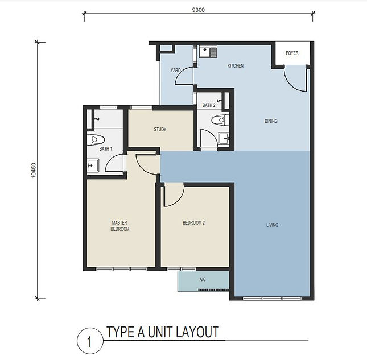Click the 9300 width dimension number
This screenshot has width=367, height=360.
[198, 10]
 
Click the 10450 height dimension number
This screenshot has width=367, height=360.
[34, 170]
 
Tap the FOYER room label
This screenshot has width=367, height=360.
[292, 53]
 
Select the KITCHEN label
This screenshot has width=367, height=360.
[236, 66]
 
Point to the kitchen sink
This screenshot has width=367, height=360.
[208, 51]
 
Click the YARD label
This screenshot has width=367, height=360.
[175, 70]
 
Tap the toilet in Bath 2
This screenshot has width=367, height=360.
[220, 120]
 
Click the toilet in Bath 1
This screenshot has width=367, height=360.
[96, 140]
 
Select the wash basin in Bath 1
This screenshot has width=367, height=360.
[93, 166]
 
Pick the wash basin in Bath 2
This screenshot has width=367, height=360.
[224, 139]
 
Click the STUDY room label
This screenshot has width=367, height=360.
[160, 129]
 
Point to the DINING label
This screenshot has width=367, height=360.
[271, 121]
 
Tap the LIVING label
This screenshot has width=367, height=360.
[272, 225]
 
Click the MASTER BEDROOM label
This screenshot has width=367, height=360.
[119, 226]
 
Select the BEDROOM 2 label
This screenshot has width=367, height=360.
[194, 223]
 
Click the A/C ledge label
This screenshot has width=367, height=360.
[203, 279]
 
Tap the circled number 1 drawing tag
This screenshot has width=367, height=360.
[90, 341]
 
